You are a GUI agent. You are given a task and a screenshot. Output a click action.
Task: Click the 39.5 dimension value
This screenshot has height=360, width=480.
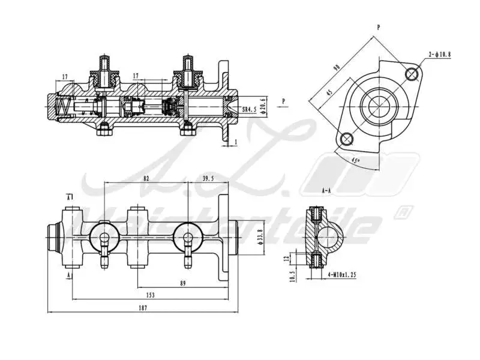(x=208, y=179)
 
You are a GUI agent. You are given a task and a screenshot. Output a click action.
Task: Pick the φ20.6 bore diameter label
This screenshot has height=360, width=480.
(x=262, y=109)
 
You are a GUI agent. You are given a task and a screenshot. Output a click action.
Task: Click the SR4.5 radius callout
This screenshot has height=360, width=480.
(x=249, y=109)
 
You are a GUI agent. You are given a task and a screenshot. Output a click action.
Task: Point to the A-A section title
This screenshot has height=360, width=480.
(x=326, y=191)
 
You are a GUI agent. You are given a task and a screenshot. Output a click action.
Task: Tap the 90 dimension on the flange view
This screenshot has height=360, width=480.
(x=337, y=68)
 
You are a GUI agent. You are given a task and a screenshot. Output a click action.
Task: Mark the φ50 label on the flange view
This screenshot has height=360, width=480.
(x=355, y=160)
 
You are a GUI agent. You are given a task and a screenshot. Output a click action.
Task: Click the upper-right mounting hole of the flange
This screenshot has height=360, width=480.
(x=412, y=74)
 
